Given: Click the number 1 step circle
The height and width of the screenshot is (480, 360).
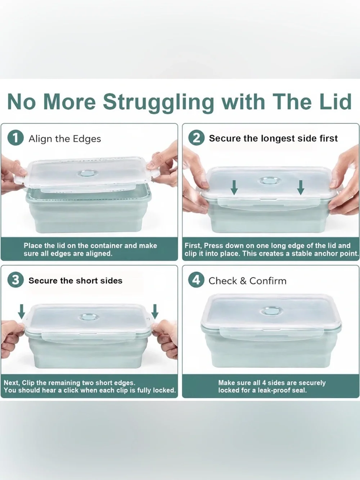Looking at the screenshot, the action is (15, 138).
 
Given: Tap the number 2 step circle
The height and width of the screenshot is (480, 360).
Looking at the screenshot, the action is (196, 138).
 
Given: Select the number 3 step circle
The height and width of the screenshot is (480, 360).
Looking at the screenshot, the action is (15, 280).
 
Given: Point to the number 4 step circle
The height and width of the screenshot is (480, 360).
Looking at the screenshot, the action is (196, 280).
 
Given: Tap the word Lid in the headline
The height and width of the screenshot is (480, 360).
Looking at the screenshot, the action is (335, 102).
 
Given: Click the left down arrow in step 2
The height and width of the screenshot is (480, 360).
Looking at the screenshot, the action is (234, 187).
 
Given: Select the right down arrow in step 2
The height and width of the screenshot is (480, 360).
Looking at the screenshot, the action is (301, 187).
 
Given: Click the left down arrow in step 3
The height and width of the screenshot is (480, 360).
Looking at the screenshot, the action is (22, 311).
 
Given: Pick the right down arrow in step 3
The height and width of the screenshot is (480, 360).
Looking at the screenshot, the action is (155, 311).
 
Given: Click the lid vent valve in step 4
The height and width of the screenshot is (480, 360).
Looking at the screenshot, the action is (271, 311).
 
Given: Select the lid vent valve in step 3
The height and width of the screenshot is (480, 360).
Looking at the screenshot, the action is (89, 318).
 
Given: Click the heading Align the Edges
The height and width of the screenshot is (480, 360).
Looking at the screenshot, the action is (65, 139).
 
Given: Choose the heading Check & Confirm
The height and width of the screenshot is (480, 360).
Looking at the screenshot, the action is (247, 281).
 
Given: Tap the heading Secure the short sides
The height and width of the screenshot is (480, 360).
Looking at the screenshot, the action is (75, 281).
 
